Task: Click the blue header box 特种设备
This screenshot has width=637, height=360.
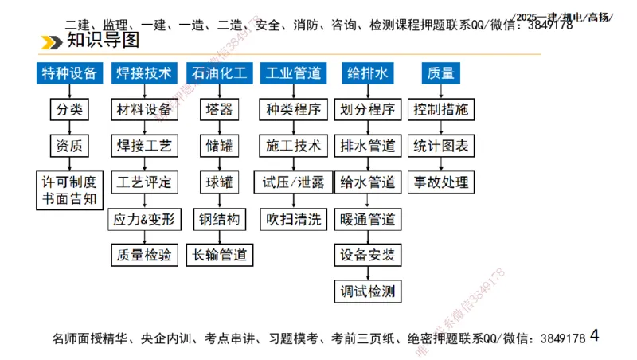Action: click(x=69, y=73)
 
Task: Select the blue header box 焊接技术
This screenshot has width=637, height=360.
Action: click(x=144, y=73)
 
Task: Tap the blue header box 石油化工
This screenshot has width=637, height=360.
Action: click(x=219, y=73)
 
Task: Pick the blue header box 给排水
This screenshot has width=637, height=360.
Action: click(x=367, y=73)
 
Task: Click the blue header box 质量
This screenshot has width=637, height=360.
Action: click(x=441, y=73)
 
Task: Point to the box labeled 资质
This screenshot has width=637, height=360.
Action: click(x=69, y=146)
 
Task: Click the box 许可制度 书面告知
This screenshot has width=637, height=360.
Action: click(x=69, y=190)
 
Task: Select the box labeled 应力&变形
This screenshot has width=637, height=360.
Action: click(x=144, y=218)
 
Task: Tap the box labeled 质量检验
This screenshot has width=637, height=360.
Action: click(x=144, y=255)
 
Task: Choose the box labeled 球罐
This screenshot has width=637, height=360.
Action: click(x=219, y=182)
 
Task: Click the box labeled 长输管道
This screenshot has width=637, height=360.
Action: click(x=219, y=255)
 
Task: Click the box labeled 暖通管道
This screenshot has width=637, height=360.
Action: click(x=367, y=218)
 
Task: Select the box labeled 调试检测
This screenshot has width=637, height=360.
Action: click(x=367, y=291)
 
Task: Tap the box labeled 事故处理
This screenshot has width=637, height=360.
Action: click(x=441, y=182)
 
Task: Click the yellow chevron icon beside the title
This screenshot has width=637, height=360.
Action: click(x=53, y=41)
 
